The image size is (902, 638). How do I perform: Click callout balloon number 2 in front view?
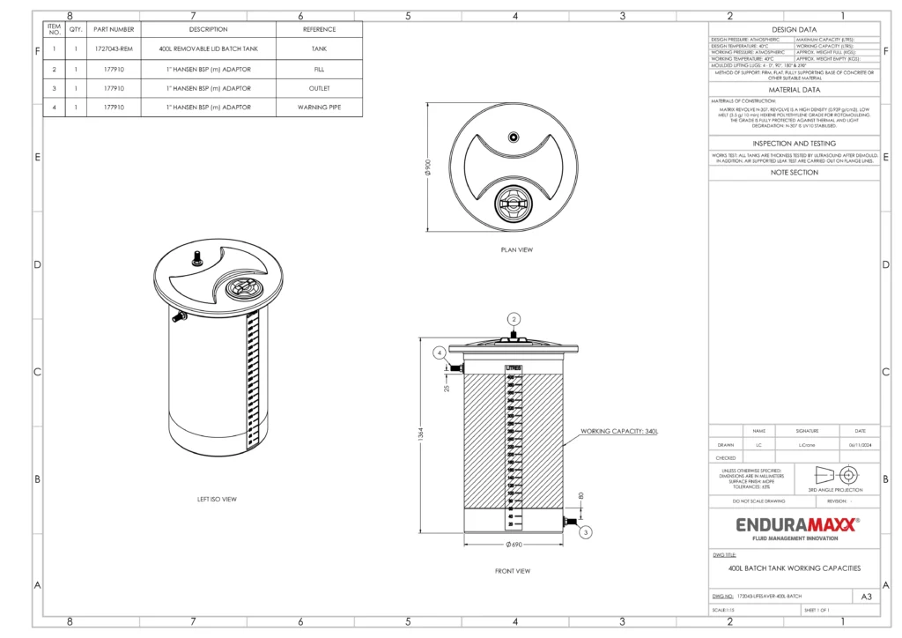coord(514,318)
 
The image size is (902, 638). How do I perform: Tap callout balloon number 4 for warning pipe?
coord(440,352)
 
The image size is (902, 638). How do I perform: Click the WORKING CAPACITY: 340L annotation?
coord(619,432)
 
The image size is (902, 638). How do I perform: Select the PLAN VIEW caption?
coord(516,249)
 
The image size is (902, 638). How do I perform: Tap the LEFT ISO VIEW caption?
coord(217,500)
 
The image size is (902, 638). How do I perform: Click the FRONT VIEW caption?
coord(513,571)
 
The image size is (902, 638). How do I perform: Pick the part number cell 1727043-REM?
coord(115,49)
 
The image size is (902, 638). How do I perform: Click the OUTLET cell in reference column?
coord(319,88)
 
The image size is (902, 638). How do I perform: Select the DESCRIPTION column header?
coord(208,29)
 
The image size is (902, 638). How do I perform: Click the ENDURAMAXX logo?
coord(795,525)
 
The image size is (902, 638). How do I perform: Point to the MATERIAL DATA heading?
coord(795,90)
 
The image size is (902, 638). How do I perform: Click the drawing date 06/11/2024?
coord(859,445)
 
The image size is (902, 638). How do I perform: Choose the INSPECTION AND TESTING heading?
coord(795,144)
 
